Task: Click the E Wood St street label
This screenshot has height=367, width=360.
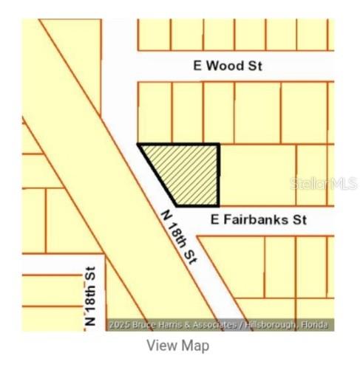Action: tap(228, 66)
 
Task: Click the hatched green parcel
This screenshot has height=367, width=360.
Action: tap(188, 171)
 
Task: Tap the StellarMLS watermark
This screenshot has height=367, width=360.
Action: tap(324, 182)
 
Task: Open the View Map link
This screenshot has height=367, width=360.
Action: tap(177, 345)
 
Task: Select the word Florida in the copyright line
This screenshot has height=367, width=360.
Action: tap(316, 325)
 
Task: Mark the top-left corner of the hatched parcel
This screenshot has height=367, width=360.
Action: tap(139, 145)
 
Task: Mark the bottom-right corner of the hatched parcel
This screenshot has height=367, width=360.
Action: tap(219, 205)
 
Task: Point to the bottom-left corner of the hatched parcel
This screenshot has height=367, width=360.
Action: tap(175, 205)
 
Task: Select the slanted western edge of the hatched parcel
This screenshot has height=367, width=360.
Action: tap(157, 175)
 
